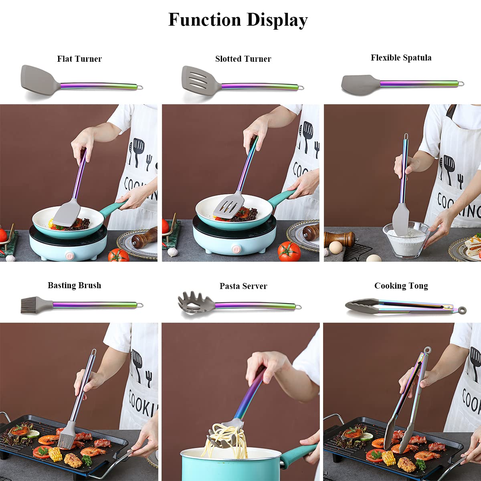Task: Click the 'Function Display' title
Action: tap(238, 20)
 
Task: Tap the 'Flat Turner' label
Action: tap(79, 59)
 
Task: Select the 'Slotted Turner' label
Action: tap(243, 59)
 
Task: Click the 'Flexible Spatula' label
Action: tap(401, 58)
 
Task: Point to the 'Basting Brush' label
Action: tap(74, 285)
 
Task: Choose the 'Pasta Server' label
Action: tap(243, 286)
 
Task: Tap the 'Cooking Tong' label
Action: tap(401, 286)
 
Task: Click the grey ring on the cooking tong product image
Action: tap(463, 310)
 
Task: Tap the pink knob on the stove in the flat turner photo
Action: tap(70, 254)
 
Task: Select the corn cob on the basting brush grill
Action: tap(55, 454)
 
